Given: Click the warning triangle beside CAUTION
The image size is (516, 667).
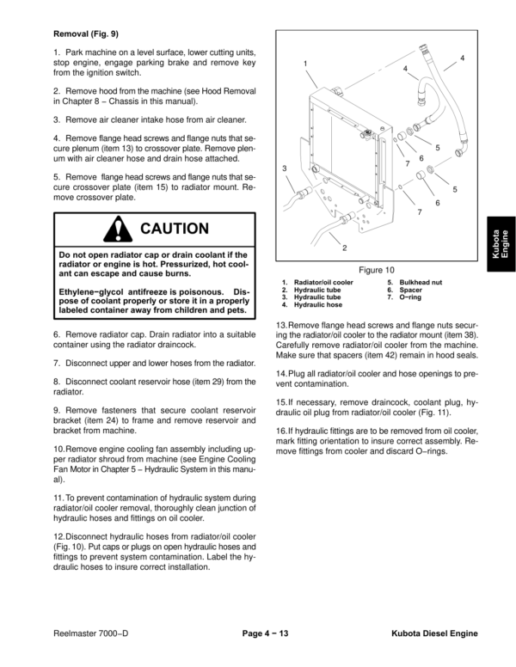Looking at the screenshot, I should tap(114, 229).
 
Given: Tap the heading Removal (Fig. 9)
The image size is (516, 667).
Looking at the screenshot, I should tap(86, 34).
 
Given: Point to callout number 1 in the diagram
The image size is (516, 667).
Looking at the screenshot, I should tap(305, 65).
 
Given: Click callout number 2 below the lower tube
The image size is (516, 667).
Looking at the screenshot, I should tap(344, 248).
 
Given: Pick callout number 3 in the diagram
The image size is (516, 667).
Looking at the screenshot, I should tap(285, 168).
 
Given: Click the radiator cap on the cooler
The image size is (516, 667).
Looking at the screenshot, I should tap(368, 134).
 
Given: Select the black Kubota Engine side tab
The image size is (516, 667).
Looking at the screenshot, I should tap(500, 242).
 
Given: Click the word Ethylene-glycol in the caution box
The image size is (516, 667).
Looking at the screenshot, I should tap(89, 292).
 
